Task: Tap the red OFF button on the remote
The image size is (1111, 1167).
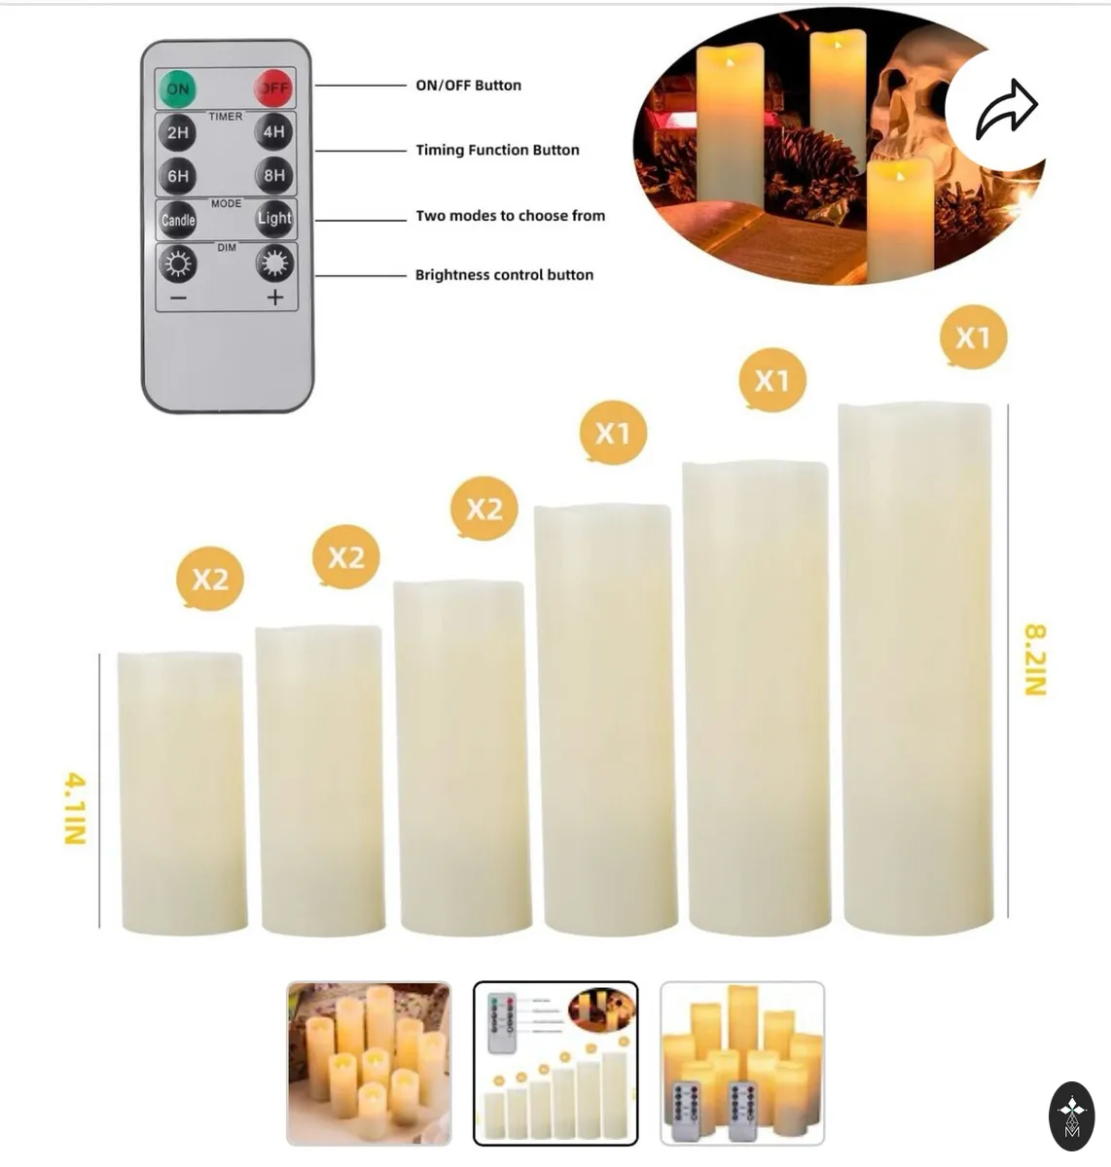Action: point(273,88)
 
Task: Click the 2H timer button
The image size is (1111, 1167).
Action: point(178,132)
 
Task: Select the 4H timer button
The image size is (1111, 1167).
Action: point(273,131)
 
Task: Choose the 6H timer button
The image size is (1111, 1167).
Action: point(178,176)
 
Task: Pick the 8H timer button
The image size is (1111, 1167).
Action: point(274,175)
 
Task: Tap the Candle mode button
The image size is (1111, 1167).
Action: point(178,220)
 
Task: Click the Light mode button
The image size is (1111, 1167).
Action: point(274,219)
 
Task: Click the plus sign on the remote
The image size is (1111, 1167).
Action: point(275,297)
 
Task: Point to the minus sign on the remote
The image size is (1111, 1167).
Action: point(178,298)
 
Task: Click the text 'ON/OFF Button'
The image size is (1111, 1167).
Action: point(469,86)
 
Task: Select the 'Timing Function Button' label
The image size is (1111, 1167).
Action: point(497,150)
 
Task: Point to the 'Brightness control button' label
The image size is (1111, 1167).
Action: point(504,275)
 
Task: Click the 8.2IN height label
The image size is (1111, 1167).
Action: point(1035,659)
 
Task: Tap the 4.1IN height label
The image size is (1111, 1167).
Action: point(76,808)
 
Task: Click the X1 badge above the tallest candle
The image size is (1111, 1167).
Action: point(973,337)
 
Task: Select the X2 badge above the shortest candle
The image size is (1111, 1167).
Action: point(210,579)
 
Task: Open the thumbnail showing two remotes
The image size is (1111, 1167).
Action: point(742,1063)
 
